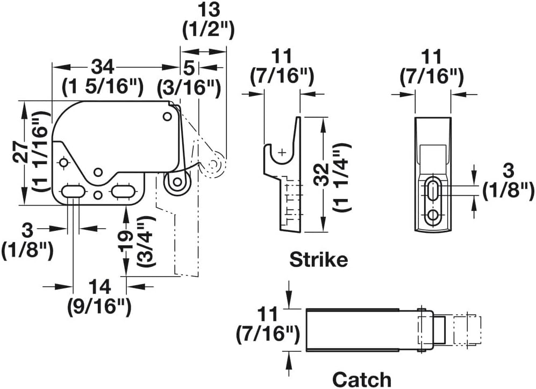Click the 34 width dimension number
102,67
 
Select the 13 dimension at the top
208,10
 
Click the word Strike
318,260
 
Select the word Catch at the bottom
361,379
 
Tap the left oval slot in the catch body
72,192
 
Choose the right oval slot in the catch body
123,192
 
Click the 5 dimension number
188,67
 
